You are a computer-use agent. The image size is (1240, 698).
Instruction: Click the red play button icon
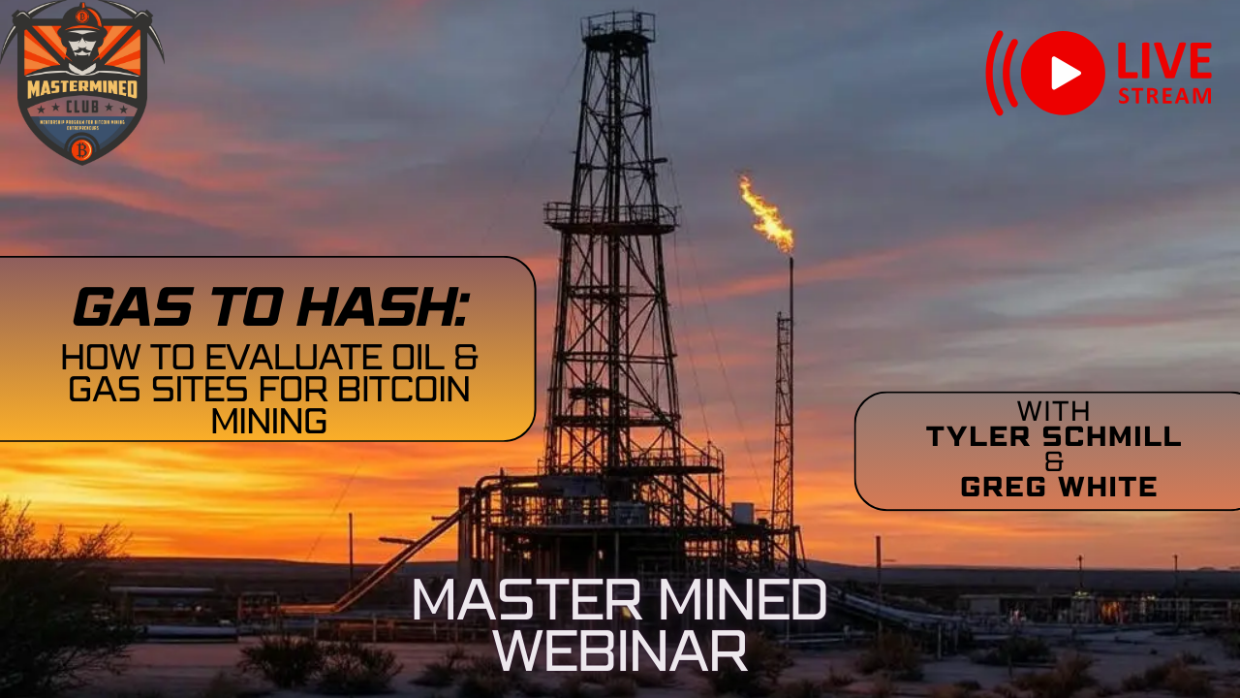1063,74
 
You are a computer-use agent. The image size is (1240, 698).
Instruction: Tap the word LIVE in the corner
1163,62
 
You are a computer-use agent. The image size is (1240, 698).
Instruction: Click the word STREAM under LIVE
1164,96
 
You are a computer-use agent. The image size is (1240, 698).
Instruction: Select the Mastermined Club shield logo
82,82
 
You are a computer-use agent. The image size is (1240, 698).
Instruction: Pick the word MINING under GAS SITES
268,423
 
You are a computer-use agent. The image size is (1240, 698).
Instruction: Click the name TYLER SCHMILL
1054,436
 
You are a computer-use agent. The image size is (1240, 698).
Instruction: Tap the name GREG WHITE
1059,487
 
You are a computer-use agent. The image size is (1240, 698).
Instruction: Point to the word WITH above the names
1054,410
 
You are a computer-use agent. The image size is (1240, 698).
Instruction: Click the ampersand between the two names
1056,462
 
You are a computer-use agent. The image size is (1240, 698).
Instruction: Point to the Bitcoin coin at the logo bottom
82,149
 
